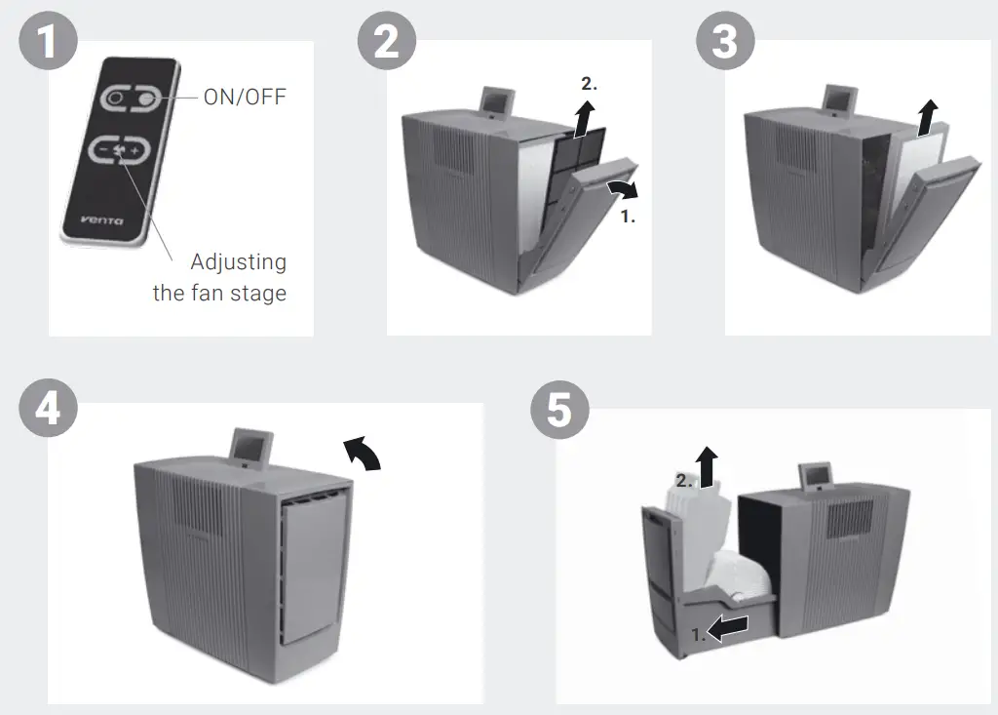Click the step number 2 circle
(387, 43)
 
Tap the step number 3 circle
(725, 43)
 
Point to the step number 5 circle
(559, 408)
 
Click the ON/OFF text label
(245, 98)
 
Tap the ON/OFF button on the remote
(130, 99)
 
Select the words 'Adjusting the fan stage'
(220, 277)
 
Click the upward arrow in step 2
(584, 120)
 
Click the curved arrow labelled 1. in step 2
(620, 187)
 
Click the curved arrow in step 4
(362, 454)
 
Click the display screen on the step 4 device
(249, 447)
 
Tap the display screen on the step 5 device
(816, 476)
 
